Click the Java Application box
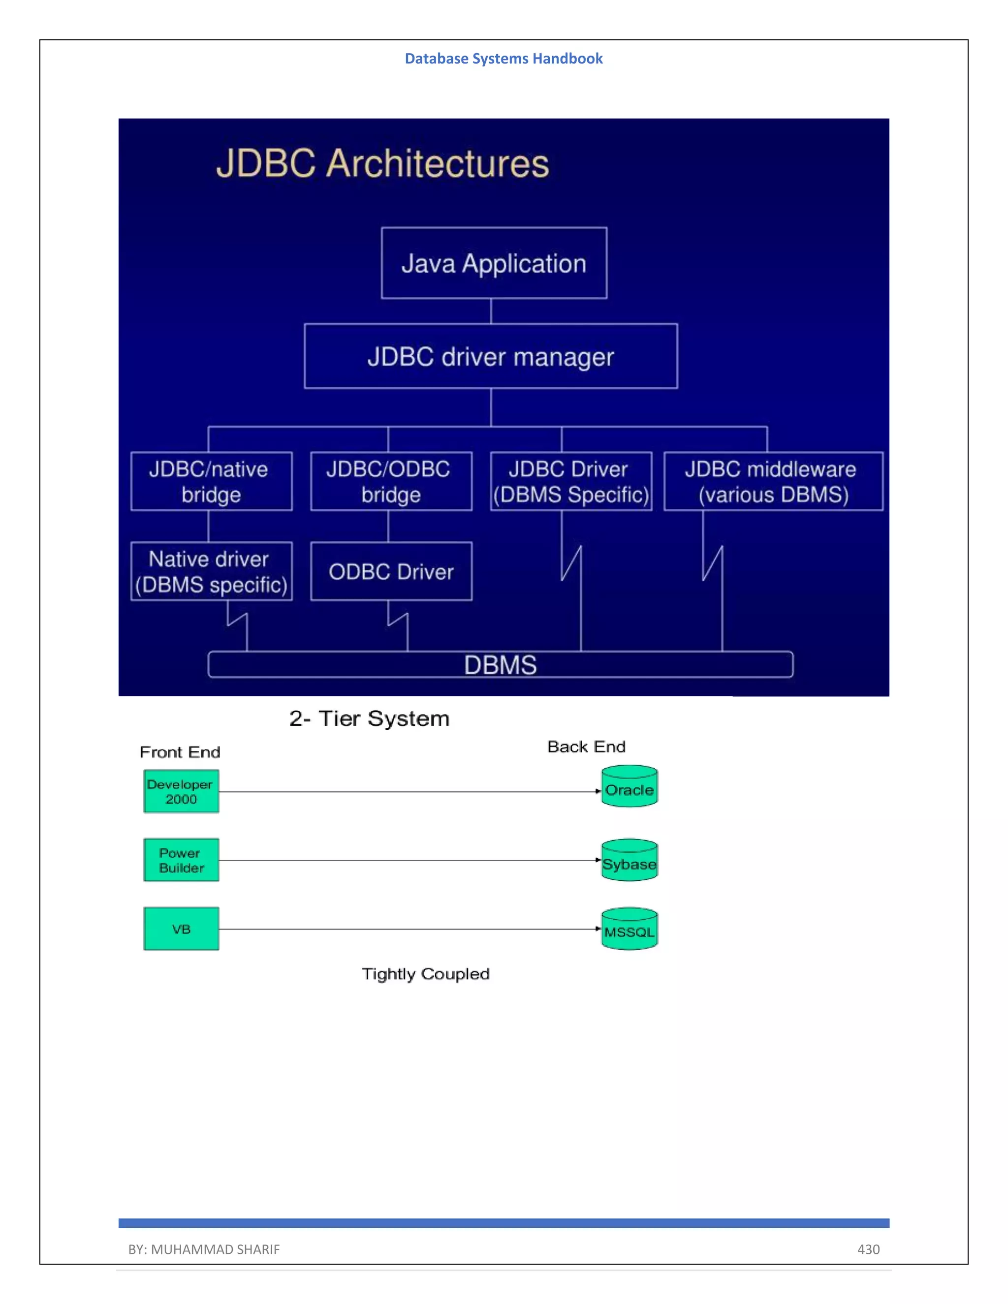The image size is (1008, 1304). (x=494, y=263)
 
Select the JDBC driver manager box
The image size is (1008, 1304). (x=491, y=356)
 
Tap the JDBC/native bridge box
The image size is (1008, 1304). (x=211, y=481)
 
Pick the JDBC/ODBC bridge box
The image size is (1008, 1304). (x=391, y=481)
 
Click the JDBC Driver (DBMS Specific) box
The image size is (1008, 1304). (x=571, y=481)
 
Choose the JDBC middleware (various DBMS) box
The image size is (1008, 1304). (x=773, y=481)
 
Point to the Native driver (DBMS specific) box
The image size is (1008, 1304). (x=211, y=571)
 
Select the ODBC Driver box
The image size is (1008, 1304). (x=391, y=571)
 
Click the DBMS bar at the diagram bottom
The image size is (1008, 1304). (x=501, y=664)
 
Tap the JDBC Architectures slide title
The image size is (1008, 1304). (x=382, y=163)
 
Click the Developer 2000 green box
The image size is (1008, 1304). (x=181, y=791)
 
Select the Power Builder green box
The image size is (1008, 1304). (x=181, y=860)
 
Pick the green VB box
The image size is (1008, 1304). (x=181, y=929)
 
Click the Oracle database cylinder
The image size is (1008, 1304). (x=630, y=787)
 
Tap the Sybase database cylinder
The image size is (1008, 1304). (x=630, y=860)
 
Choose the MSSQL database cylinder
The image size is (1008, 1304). (x=630, y=929)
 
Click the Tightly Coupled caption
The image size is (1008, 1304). (x=426, y=974)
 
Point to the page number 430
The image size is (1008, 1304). (x=868, y=1249)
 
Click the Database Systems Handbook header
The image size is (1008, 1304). (x=504, y=59)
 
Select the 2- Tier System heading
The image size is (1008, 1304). (x=369, y=718)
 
